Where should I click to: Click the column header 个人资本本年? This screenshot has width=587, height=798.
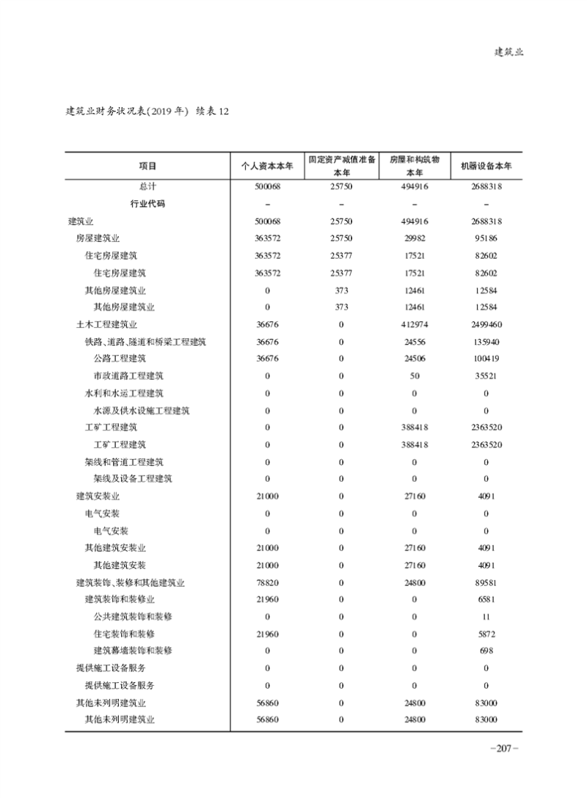[x=267, y=166]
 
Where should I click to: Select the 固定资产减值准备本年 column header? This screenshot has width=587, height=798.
[x=341, y=166]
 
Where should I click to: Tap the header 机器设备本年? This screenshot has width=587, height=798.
[x=486, y=166]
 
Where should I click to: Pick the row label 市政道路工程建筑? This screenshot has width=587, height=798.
[x=128, y=376]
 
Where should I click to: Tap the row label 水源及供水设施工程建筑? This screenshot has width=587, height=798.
[x=142, y=410]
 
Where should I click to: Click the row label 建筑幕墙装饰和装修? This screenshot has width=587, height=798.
[x=133, y=651]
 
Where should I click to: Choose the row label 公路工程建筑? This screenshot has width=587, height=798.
[x=120, y=359]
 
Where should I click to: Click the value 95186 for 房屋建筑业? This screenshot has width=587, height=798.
[x=486, y=238]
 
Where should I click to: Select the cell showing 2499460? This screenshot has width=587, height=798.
[x=486, y=324]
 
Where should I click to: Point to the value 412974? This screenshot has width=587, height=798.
[x=414, y=324]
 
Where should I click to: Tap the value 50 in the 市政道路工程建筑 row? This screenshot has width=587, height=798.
[x=414, y=376]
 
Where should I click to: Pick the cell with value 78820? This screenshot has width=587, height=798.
[x=267, y=582]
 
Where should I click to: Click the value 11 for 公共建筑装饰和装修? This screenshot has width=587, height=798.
[x=486, y=616]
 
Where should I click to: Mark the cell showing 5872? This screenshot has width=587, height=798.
[x=486, y=634]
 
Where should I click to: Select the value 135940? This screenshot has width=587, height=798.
[x=486, y=341]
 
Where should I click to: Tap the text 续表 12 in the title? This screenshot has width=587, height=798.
[x=213, y=111]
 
